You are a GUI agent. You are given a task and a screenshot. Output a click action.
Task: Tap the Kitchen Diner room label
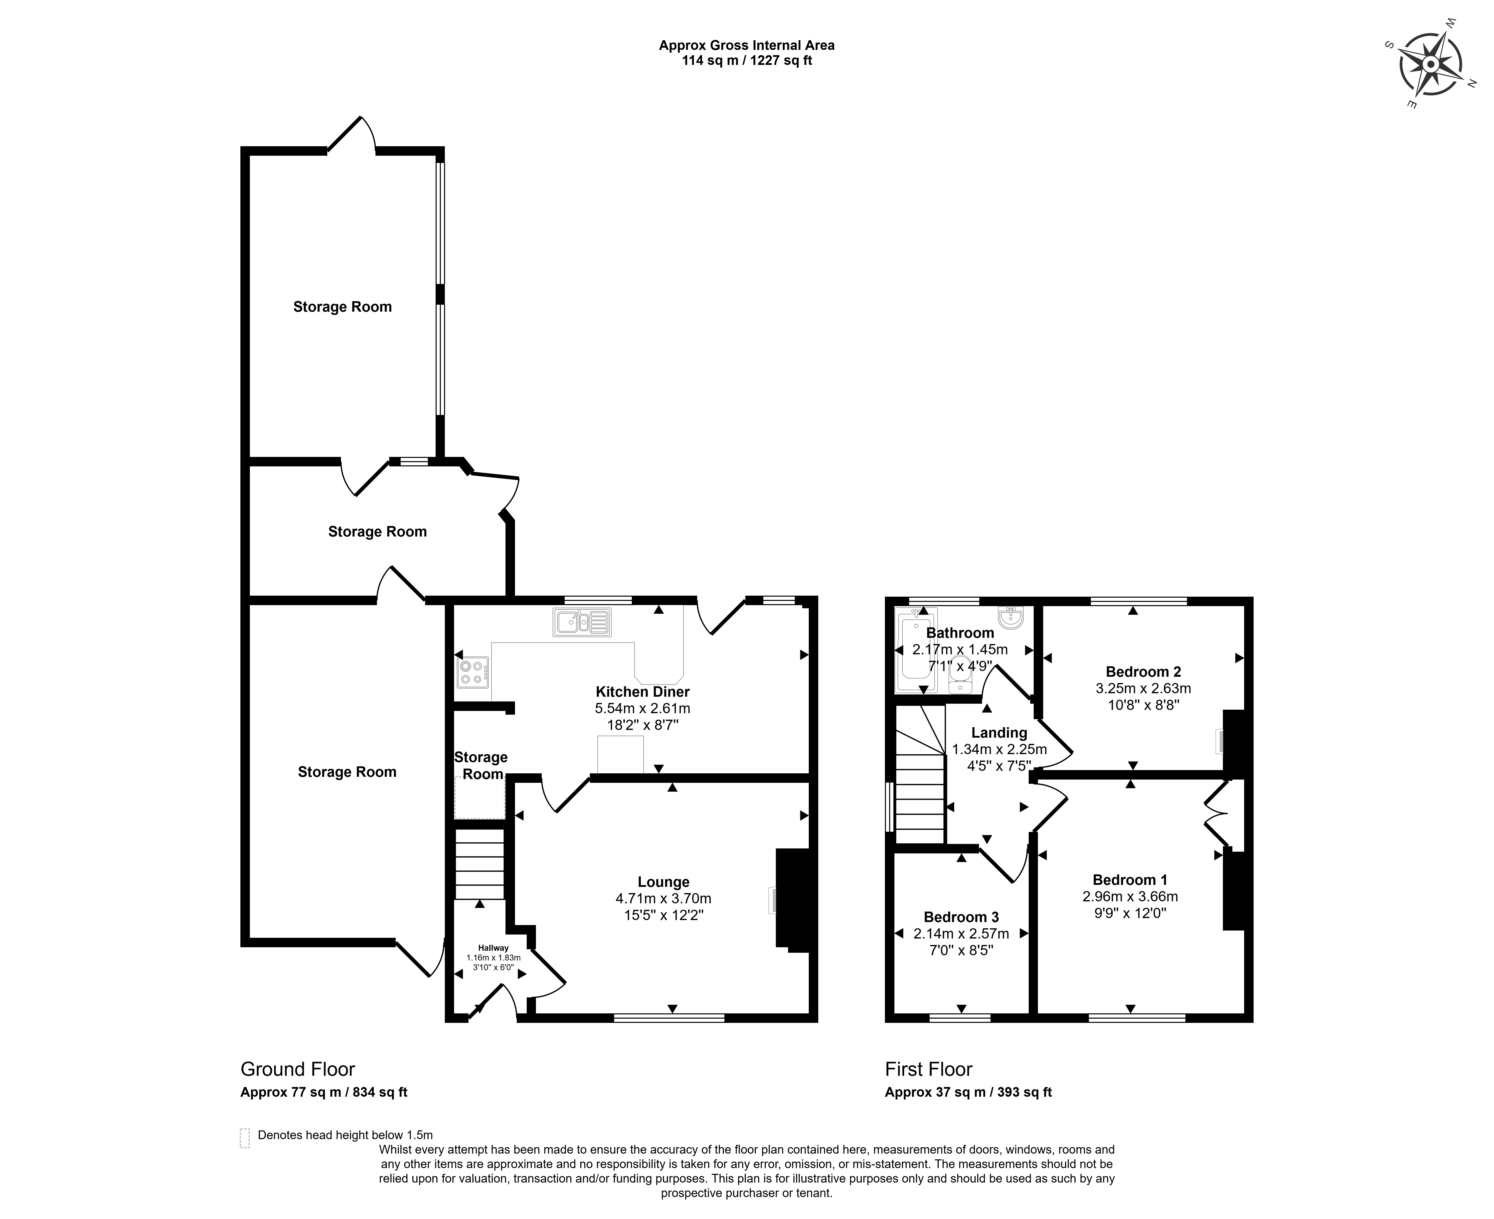[643, 692]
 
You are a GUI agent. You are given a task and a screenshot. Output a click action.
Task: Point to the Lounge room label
[664, 882]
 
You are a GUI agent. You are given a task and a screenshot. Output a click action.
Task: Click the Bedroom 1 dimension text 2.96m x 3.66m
[1130, 897]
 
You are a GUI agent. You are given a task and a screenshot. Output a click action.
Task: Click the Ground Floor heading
[298, 1070]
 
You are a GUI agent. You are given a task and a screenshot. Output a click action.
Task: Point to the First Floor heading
[929, 1070]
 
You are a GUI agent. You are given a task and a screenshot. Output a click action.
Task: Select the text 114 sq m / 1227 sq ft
[747, 60]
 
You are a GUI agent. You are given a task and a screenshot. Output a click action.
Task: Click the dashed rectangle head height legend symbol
[244, 1138]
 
